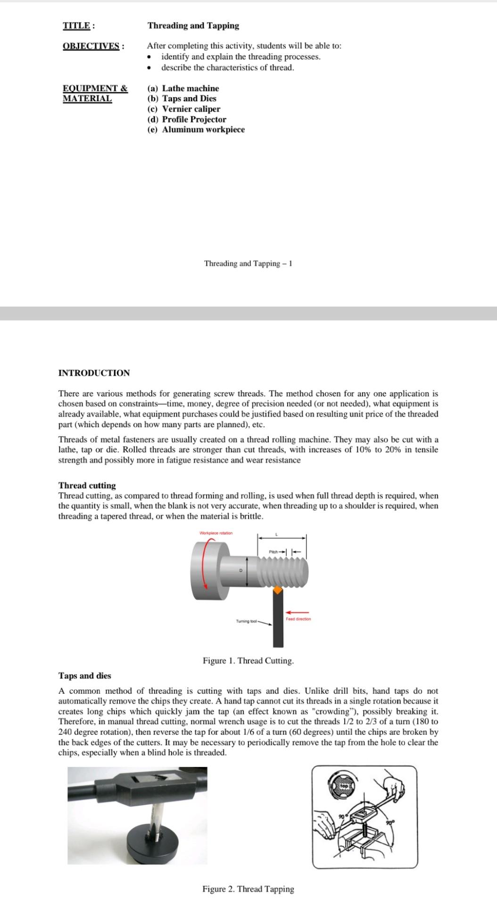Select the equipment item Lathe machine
[x=190, y=89]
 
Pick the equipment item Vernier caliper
[x=191, y=109]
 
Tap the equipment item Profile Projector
[x=194, y=120]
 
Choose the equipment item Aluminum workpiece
[x=203, y=130]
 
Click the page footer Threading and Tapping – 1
[x=248, y=263]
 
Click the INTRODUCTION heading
[x=94, y=373]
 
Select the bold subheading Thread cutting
[x=87, y=485]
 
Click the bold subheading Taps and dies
[x=84, y=675]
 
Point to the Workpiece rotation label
[x=216, y=533]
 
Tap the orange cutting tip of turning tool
[x=278, y=590]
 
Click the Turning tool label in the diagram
[x=246, y=622]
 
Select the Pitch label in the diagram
[x=274, y=551]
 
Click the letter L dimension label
[x=277, y=534]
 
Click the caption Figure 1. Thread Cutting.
[x=248, y=660]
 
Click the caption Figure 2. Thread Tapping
[x=248, y=889]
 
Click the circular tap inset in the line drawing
[x=344, y=786]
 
